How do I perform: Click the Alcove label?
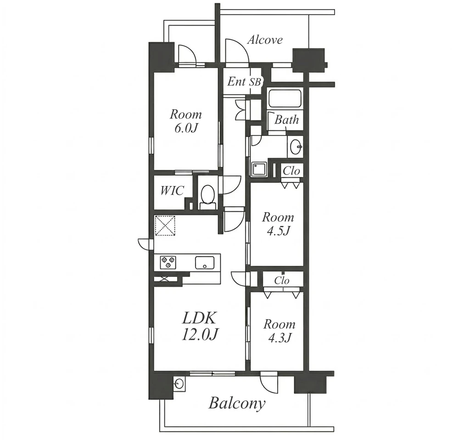(x=265, y=40)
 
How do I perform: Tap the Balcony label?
(x=237, y=404)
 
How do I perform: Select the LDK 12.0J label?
(x=200, y=326)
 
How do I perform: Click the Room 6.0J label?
(x=186, y=121)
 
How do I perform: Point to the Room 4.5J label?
(x=278, y=224)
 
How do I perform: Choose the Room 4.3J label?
(x=279, y=331)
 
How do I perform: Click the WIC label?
(x=172, y=191)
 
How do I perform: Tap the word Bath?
(x=286, y=119)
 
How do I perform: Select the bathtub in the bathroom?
(x=285, y=99)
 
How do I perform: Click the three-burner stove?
(x=168, y=262)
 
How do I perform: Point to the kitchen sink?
(x=205, y=262)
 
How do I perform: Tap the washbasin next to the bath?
(x=295, y=147)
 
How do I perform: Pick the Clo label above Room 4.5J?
(x=291, y=171)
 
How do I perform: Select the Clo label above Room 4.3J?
(x=282, y=281)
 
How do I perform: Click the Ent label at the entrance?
(x=236, y=82)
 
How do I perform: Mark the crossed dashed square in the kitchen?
(x=165, y=226)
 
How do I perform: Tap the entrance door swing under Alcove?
(x=237, y=51)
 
